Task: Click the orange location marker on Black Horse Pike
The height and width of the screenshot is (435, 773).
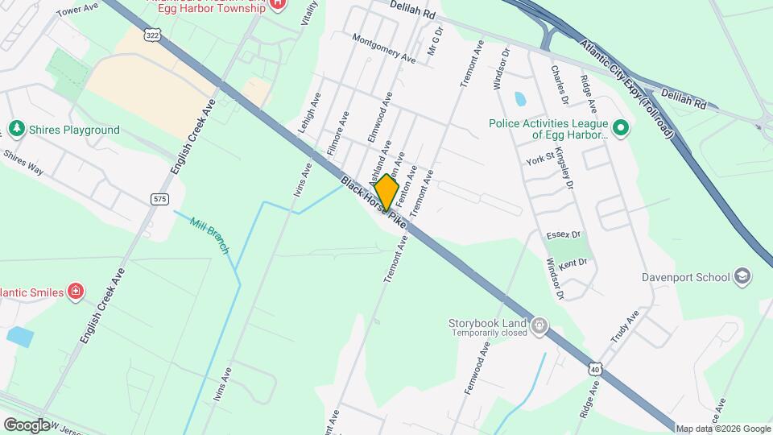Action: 387,193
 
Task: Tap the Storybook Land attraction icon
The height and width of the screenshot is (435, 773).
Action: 539,326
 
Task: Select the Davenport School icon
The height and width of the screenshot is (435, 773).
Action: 742,277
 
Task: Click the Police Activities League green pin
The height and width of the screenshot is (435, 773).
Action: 620,127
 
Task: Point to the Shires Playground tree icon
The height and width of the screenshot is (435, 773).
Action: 15,129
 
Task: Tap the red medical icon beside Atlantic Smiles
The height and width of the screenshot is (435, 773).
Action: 76,291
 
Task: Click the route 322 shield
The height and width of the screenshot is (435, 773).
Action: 154,34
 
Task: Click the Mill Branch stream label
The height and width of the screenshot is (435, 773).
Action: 209,234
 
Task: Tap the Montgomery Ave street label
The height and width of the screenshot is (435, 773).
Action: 384,49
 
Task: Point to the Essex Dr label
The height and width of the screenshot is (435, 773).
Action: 563,235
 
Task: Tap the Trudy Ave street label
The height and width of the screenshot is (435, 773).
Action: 624,326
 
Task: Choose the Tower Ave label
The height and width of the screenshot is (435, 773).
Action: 77,8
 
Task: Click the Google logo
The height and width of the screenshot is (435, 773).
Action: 26,425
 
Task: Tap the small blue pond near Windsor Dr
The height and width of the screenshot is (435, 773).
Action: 519,99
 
